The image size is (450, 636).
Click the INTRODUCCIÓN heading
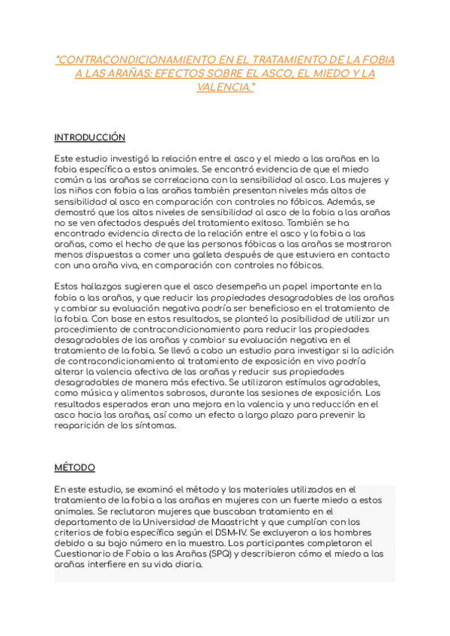89,138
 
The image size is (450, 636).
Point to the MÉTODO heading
75,467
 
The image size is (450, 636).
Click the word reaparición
83,425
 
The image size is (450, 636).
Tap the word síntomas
156,425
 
